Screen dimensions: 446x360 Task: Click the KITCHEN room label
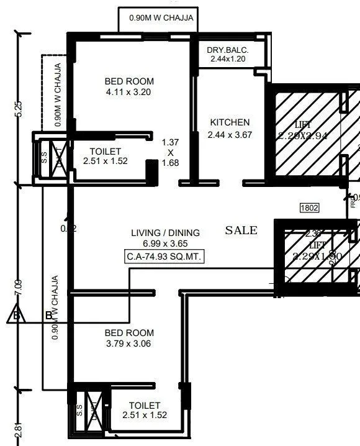coord(230,122)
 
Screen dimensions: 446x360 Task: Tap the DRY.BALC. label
coord(228,49)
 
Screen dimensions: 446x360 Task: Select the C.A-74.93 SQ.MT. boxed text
coord(164,256)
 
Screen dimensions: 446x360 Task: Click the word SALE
coord(241,230)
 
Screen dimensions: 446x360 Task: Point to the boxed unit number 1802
coord(309,208)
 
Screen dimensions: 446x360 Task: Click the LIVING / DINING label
coord(165,233)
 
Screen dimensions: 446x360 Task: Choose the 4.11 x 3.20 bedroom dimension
coord(129,93)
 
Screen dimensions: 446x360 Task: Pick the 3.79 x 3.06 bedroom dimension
coord(128,344)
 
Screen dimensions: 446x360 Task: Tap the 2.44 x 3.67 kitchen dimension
coord(230,135)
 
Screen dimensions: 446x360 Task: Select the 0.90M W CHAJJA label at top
coord(161,18)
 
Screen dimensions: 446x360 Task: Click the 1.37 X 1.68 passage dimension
coord(170,152)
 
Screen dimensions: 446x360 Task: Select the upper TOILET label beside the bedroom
coord(106,151)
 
